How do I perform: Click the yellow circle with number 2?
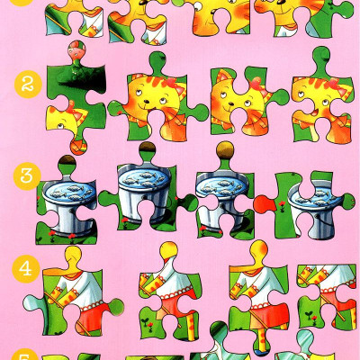coord(28,85)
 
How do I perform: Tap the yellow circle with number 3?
coord(27,176)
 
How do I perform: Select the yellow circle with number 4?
coord(26,269)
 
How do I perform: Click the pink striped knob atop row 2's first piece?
coord(76,49)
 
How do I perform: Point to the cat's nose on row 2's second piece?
coord(147,101)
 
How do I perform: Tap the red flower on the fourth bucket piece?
coord(282,204)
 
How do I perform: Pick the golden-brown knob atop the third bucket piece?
coord(226,150)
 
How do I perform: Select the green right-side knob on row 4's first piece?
coord(116,307)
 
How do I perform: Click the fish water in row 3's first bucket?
coord(69,191)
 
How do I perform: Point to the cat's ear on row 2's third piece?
coord(222,76)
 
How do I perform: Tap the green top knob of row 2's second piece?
coord(158,61)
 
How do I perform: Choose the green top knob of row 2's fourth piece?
coord(321,57)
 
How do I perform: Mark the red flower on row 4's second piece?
coord(150,324)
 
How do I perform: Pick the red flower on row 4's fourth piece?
coord(314,319)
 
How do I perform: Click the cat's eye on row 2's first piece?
coord(60,125)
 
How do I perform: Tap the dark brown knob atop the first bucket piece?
coord(67,162)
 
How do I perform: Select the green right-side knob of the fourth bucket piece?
coord(348,202)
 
